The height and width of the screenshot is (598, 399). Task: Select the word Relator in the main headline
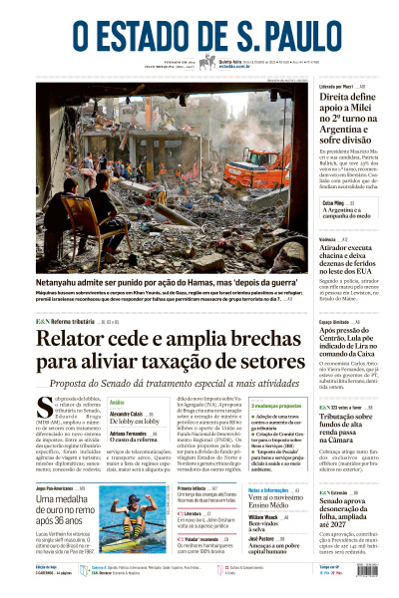pyautogui.click(x=76, y=341)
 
